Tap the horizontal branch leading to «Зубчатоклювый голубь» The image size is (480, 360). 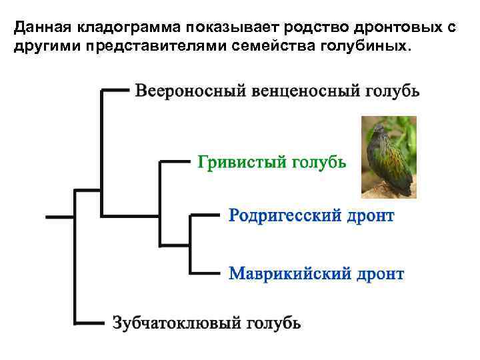(x=90, y=323)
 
